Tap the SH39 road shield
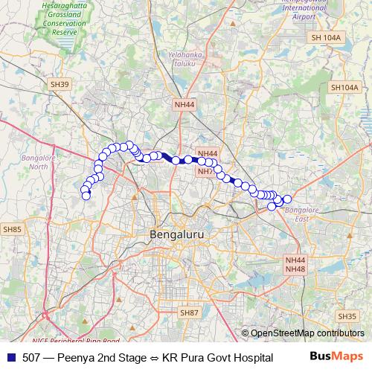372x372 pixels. click(x=60, y=85)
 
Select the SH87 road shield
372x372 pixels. click(x=189, y=313)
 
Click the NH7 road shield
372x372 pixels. click(x=205, y=171)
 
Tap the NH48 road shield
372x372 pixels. click(x=295, y=269)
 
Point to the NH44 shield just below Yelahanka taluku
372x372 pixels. click(x=184, y=106)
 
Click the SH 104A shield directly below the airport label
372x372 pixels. click(x=326, y=37)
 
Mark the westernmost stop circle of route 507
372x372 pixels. click(x=83, y=190)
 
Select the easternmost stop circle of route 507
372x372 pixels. click(x=287, y=199)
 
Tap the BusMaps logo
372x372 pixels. click(x=335, y=356)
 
